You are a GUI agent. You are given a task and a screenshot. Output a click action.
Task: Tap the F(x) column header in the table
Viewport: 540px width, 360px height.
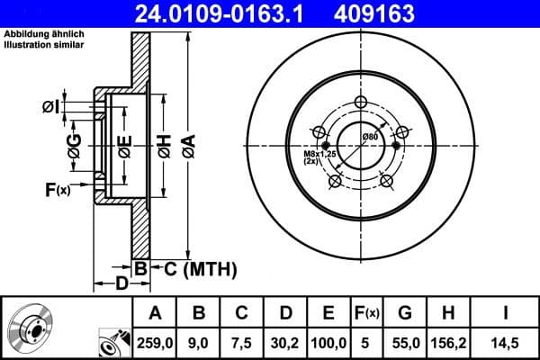367,312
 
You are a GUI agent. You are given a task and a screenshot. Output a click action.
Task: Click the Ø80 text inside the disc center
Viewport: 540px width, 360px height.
369,136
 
